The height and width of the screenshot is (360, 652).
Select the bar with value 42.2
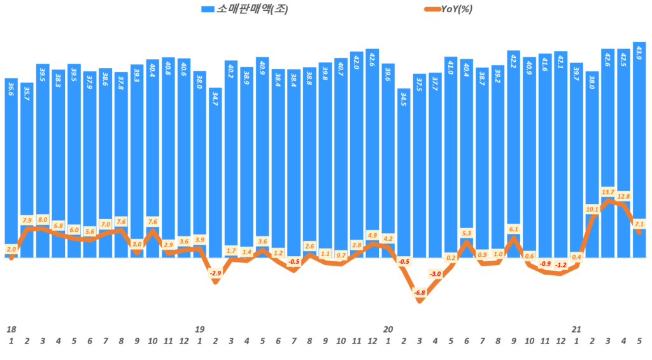pyautogui.click(x=514, y=153)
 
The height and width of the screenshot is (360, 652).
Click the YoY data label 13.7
pyautogui.click(x=608, y=192)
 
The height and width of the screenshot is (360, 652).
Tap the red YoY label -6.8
pyautogui.click(x=420, y=292)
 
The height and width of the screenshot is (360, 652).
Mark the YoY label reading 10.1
pyautogui.click(x=592, y=209)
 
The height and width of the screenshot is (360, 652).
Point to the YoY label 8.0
pyautogui.click(x=43, y=219)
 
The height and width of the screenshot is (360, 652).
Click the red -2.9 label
pyautogui.click(x=215, y=273)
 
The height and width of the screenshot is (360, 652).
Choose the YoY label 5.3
pyautogui.click(x=467, y=233)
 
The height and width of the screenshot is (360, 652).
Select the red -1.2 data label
pyautogui.click(x=561, y=265)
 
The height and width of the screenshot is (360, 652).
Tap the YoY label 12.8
pyautogui.click(x=623, y=196)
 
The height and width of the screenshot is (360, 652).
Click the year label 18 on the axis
pyautogui.click(x=11, y=329)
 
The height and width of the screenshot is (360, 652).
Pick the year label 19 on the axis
pyautogui.click(x=199, y=329)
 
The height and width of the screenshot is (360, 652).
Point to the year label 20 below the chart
pyautogui.click(x=388, y=329)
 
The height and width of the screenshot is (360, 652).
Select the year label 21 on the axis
pyautogui.click(x=576, y=329)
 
